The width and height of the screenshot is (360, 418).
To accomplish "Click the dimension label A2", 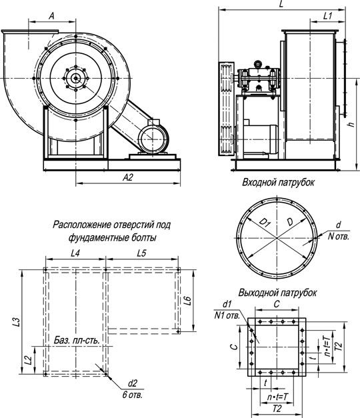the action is pyautogui.click(x=128, y=177).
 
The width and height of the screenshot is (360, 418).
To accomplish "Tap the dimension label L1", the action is pyautogui.click(x=328, y=16).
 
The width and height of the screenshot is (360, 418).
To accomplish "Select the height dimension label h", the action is pyautogui.click(x=352, y=124).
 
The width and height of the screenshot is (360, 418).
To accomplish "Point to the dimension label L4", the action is pyautogui.click(x=75, y=253).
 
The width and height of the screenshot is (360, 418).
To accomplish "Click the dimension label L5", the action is pyautogui.click(x=141, y=253).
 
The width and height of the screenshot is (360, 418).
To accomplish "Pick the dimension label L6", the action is pyautogui.click(x=188, y=301).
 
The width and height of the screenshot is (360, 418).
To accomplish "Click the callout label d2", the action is pyautogui.click(x=132, y=383).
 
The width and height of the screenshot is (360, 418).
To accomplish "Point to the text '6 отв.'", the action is pyautogui.click(x=133, y=395).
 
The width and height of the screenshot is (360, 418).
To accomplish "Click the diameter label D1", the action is pyautogui.click(x=265, y=222).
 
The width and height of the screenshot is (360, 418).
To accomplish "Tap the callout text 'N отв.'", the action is pyautogui.click(x=338, y=236).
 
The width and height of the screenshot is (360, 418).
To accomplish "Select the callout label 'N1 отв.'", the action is pyautogui.click(x=227, y=315).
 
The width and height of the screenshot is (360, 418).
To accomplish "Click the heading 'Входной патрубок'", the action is pyautogui.click(x=278, y=183).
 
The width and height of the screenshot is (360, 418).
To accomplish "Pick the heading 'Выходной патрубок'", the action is pyautogui.click(x=277, y=293).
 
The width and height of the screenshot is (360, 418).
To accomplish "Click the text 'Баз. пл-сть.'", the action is pyautogui.click(x=77, y=340).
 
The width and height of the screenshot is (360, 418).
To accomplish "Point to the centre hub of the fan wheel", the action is pyautogui.click(x=76, y=78).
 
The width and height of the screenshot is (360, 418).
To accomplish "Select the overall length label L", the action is pyautogui.click(x=281, y=4).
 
